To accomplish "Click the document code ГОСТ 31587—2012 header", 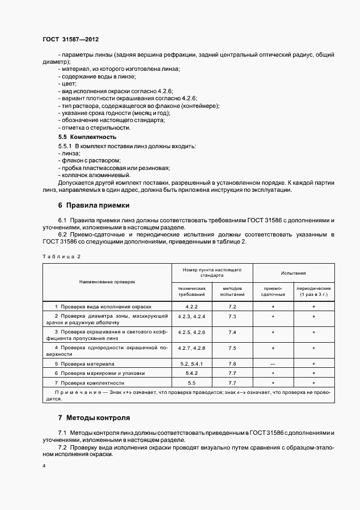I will (70, 40).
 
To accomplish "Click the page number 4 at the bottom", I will (44, 466).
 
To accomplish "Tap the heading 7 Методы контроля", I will (94, 418).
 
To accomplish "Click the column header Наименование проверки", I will (107, 282).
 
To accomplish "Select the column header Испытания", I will (293, 273).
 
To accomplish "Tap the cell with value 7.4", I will (232, 332).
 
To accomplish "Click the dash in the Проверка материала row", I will (273, 363).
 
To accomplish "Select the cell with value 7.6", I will (232, 363).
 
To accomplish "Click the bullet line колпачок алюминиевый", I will (94, 175).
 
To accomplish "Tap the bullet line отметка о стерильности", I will (94, 127).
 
